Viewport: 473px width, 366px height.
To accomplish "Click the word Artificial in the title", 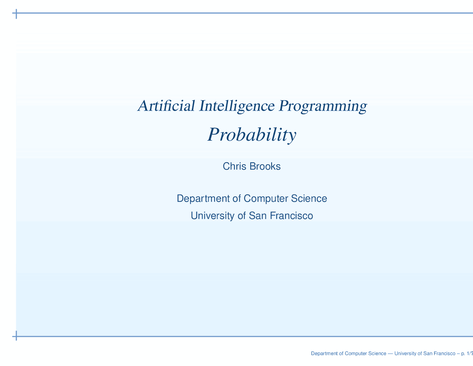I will pyautogui.click(x=166, y=106).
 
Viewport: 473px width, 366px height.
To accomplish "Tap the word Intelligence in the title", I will pyautogui.click(x=237, y=106).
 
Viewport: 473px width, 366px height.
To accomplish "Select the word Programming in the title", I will pyautogui.click(x=323, y=106).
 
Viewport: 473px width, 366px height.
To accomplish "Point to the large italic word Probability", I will pyautogui.click(x=252, y=135).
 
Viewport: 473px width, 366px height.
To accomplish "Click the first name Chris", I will pyautogui.click(x=235, y=167).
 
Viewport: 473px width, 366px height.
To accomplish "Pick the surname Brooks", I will pyautogui.click(x=265, y=167).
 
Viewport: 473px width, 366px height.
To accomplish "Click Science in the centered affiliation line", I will pyautogui.click(x=309, y=199).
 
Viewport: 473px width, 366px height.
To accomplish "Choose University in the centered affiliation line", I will pyautogui.click(x=212, y=215).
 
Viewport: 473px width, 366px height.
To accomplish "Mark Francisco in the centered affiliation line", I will pyautogui.click(x=292, y=215).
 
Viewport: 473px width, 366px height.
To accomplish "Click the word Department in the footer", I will pyautogui.click(x=324, y=354).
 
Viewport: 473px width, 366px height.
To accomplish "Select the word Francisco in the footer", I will pyautogui.click(x=443, y=354).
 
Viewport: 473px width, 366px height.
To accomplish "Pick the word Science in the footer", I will pyautogui.click(x=376, y=354).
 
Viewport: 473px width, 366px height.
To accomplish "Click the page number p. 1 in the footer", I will pyautogui.click(x=465, y=354).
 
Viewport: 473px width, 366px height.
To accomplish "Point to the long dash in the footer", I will pyautogui.click(x=390, y=354).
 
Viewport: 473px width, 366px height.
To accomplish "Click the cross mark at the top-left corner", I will pyautogui.click(x=16, y=14).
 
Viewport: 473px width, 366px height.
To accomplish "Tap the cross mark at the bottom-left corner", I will pyautogui.click(x=16, y=336).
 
